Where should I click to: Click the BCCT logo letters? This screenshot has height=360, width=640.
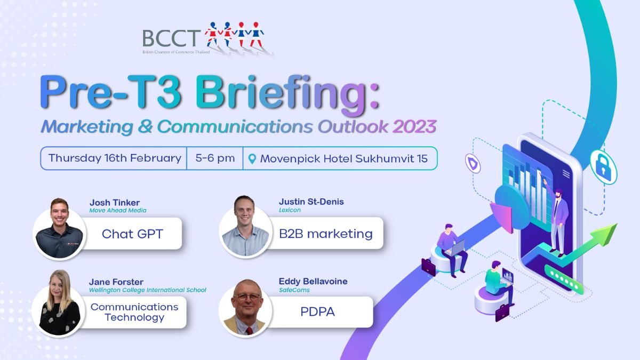click(171, 38)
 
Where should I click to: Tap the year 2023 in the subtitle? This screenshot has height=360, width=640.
click(414, 126)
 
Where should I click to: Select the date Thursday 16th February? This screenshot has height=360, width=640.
click(115, 158)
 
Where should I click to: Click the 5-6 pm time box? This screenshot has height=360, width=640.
click(215, 158)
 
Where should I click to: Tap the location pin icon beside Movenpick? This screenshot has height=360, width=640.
click(252, 159)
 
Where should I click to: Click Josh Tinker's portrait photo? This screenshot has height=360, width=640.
click(59, 230)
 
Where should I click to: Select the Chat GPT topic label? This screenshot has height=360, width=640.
click(132, 234)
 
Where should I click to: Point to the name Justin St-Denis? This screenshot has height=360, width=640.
click(311, 202)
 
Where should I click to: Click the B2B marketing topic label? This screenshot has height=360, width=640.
click(326, 234)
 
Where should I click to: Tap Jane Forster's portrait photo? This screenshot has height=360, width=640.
click(59, 305)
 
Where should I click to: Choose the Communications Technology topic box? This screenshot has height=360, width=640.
click(134, 312)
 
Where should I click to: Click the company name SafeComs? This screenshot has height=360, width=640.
click(294, 290)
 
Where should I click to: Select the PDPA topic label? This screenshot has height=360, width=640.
click(317, 311)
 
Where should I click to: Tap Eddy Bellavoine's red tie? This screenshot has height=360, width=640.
click(249, 331)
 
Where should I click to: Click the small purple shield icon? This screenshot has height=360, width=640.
click(473, 163)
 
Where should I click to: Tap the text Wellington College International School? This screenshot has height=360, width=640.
click(147, 290)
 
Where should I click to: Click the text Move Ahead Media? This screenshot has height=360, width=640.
click(118, 210)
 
